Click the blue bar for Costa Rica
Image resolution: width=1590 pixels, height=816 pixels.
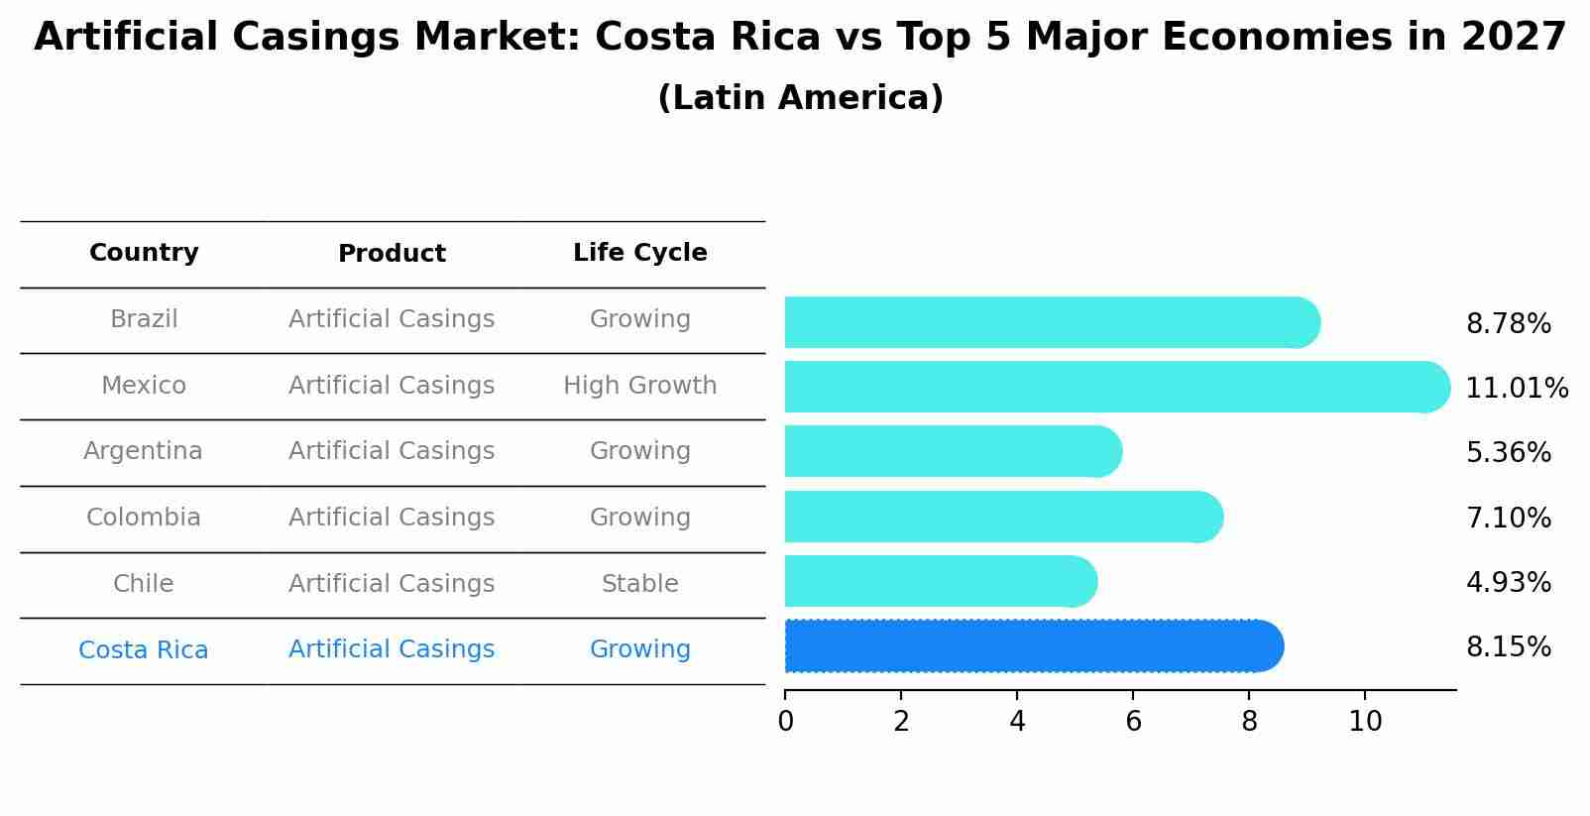click(1031, 646)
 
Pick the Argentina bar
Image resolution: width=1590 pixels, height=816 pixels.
click(952, 451)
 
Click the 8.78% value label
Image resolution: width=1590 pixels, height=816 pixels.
click(1508, 324)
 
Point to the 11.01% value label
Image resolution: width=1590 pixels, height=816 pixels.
click(1516, 389)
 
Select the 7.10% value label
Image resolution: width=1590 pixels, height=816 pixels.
click(1508, 518)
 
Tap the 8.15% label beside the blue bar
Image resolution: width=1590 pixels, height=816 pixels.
click(1508, 647)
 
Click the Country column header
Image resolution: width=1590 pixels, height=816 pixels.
click(144, 253)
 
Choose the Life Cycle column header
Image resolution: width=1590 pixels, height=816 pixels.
click(639, 253)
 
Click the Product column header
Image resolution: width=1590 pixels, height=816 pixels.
click(392, 254)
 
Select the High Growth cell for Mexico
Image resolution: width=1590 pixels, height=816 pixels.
click(639, 386)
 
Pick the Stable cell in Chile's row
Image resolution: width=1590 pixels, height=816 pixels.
click(639, 584)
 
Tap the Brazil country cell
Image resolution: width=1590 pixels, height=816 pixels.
click(144, 319)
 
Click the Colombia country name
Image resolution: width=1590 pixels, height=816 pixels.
click(144, 518)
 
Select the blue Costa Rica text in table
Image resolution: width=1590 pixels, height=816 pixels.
click(144, 650)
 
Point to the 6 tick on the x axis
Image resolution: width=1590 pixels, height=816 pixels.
click(1133, 721)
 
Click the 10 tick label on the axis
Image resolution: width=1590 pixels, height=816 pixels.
click(1365, 721)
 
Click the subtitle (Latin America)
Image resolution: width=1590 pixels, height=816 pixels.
click(800, 98)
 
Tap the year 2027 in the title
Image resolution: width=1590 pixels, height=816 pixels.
click(1513, 38)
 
